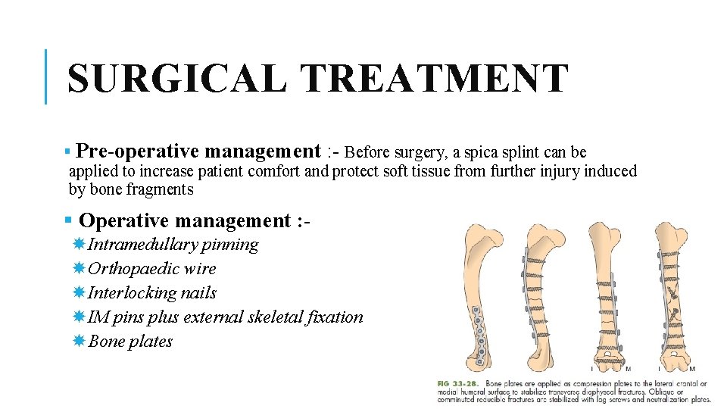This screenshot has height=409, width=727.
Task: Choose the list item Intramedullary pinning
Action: [x=173, y=245]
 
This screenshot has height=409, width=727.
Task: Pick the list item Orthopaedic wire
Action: [x=151, y=269]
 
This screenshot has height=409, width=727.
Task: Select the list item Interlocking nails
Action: [x=151, y=293]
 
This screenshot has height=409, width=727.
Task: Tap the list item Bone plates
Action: [x=130, y=342]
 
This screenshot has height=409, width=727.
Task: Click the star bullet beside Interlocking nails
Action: [x=79, y=292]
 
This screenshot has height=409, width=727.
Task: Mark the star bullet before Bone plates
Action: [x=79, y=341]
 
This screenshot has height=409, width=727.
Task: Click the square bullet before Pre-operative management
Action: [x=68, y=152]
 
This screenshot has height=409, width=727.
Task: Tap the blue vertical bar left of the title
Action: [x=46, y=76]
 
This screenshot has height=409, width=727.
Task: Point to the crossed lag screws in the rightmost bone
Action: [x=670, y=299]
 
